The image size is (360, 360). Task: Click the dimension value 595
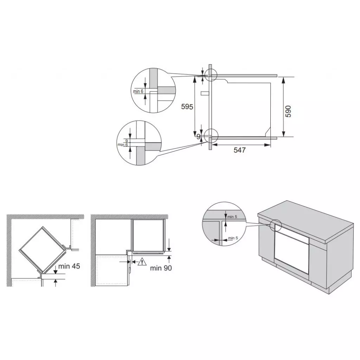tap(187, 106)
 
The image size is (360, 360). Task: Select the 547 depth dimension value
tap(239, 150)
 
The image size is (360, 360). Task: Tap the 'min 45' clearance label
tap(69, 266)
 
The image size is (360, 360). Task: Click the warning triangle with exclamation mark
tap(142, 262)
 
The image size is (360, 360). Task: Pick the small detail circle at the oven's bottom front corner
tap(211, 135)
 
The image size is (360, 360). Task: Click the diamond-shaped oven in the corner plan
tap(41, 249)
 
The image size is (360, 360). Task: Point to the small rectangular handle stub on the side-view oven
tap(205, 94)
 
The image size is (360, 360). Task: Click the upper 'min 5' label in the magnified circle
tap(232, 217)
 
